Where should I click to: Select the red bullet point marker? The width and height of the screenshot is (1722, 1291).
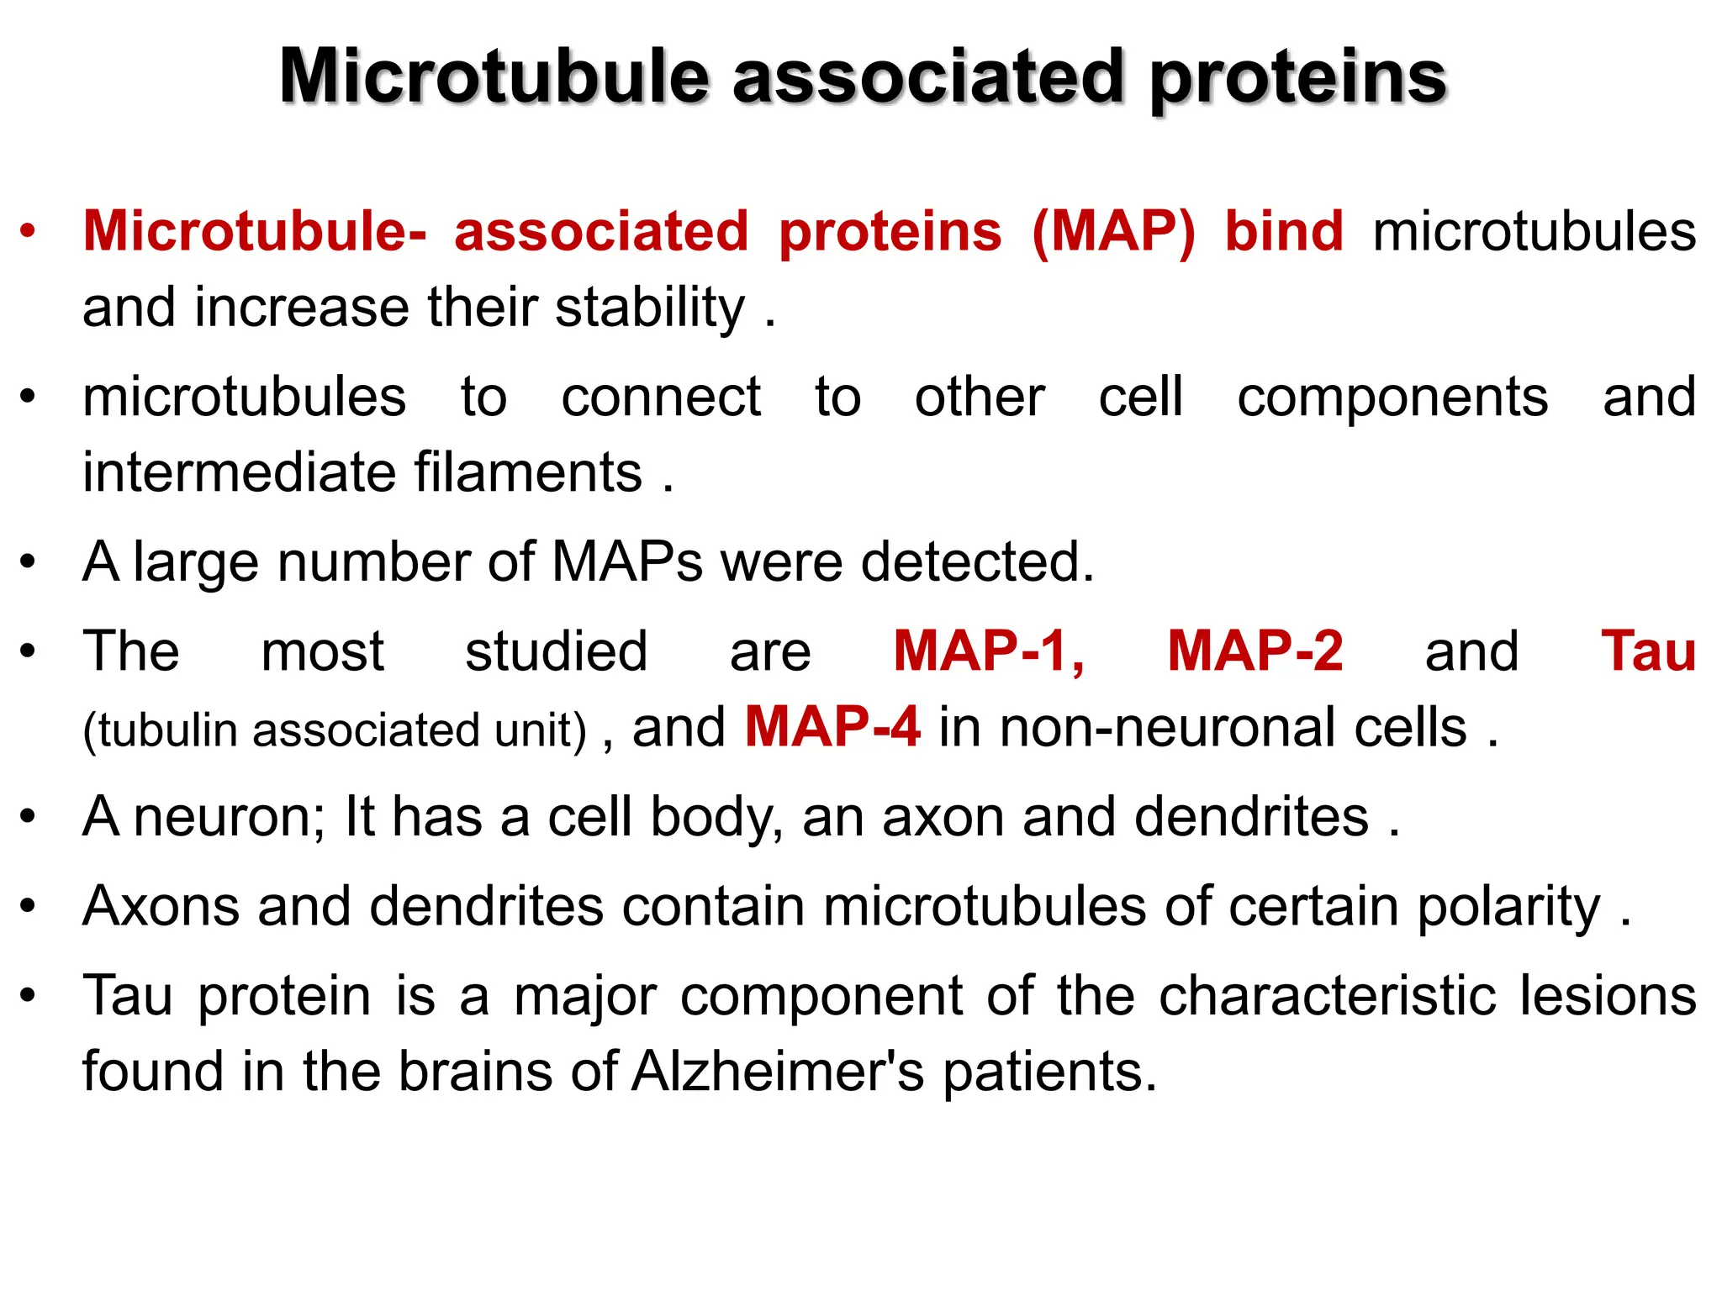pos(29,230)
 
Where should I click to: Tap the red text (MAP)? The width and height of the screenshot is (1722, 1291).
pos(1112,231)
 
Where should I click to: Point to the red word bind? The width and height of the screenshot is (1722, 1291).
pos(1283,231)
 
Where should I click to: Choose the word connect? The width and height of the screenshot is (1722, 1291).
pos(661,397)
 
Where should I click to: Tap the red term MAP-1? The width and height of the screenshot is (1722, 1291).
pos(989,651)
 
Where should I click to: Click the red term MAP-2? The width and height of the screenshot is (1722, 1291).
pos(1255,651)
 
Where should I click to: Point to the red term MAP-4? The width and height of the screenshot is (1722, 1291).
pos(832,727)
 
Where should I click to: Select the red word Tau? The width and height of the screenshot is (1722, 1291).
pos(1648,651)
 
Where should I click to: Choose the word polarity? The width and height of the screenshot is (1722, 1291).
pos(1508,908)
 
